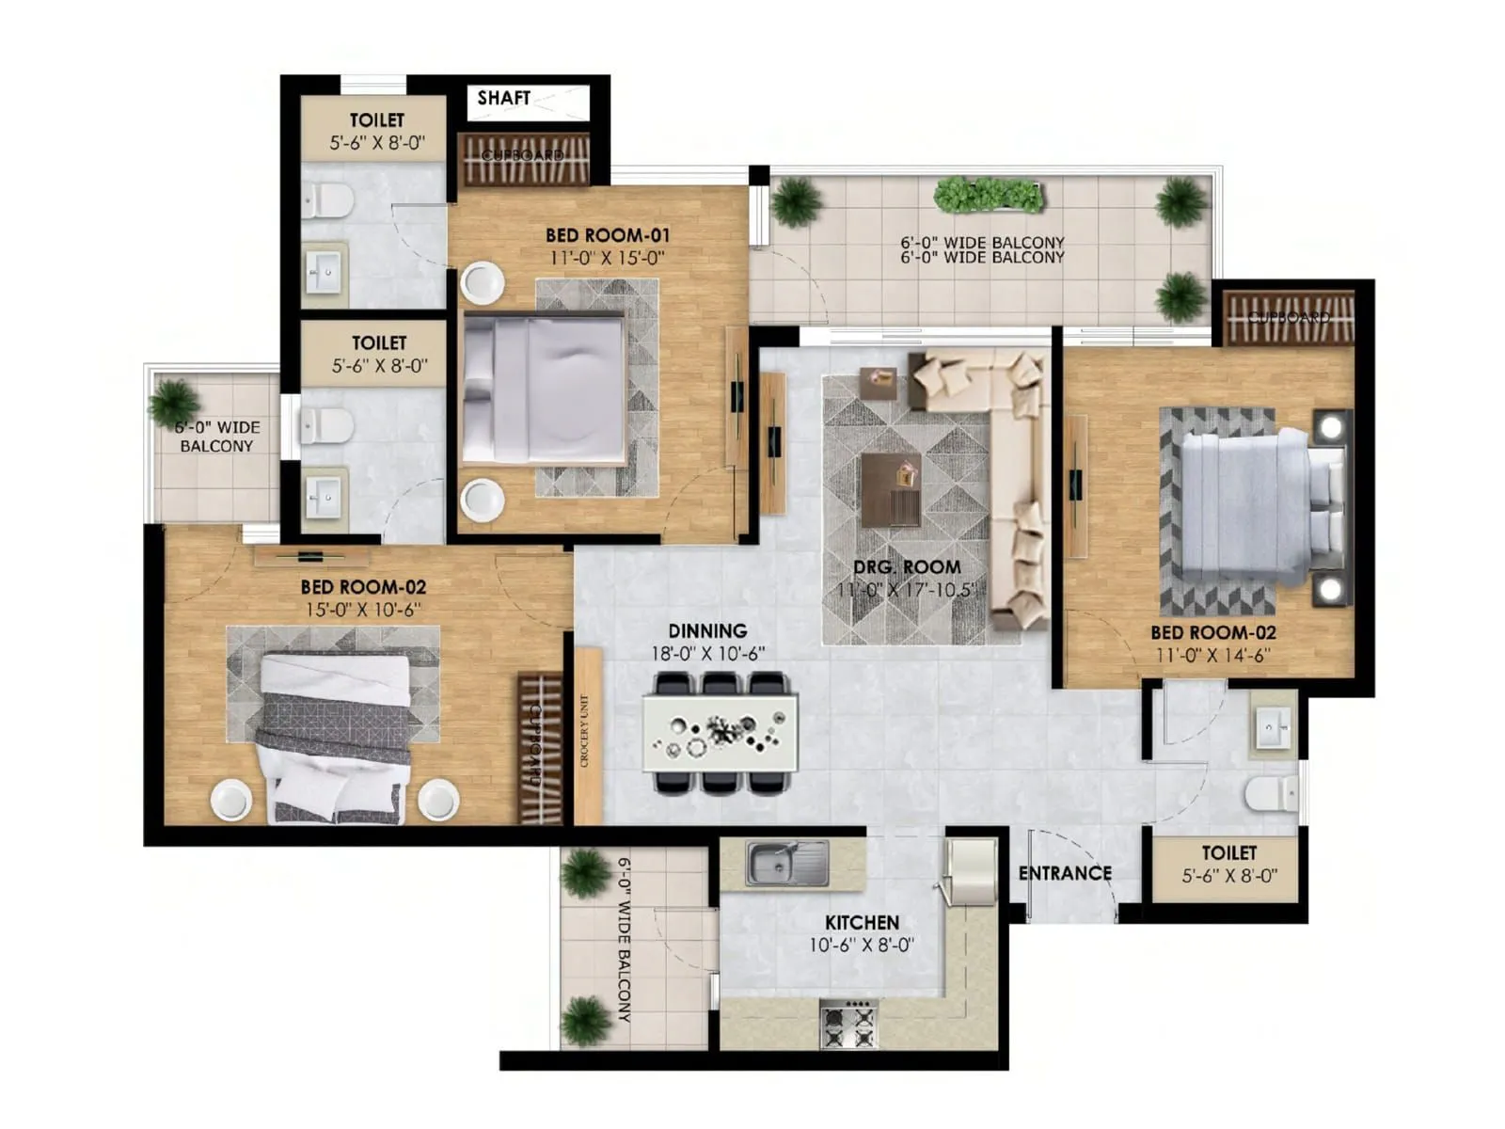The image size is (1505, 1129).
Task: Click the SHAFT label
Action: click(x=503, y=98)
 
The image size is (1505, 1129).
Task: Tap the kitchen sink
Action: click(x=786, y=864)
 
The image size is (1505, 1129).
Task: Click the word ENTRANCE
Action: click(x=1065, y=873)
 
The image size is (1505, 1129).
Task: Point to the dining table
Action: click(x=721, y=732)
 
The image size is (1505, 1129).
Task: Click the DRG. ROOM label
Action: click(x=907, y=567)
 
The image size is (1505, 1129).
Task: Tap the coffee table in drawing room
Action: click(x=890, y=489)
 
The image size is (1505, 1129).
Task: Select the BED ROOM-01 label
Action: click(x=608, y=235)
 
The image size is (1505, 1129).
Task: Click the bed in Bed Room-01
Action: click(x=546, y=389)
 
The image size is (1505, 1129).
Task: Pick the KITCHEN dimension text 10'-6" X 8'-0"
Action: click(x=862, y=946)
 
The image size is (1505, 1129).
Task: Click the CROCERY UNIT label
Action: click(x=585, y=732)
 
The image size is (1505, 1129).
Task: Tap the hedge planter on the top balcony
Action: click(x=989, y=196)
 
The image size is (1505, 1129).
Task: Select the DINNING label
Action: click(x=707, y=631)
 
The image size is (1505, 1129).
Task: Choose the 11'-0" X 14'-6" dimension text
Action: click(x=1213, y=656)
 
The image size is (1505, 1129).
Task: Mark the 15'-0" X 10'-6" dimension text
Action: click(x=363, y=610)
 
